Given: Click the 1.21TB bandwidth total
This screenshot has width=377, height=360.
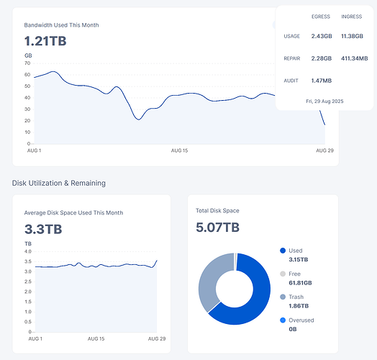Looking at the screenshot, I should [x=45, y=41].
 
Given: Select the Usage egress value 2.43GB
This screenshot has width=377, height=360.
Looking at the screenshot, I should [x=321, y=36].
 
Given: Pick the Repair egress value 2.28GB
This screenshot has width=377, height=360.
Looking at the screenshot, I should [x=321, y=58].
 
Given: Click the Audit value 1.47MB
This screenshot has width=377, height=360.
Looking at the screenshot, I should [x=321, y=81].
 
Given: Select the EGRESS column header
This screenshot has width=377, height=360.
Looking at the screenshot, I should [x=321, y=16].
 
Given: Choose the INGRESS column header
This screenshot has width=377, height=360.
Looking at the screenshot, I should [x=353, y=16].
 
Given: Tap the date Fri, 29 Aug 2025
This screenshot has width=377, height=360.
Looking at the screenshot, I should [x=324, y=101].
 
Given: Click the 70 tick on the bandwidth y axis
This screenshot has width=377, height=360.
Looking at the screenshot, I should [x=27, y=63].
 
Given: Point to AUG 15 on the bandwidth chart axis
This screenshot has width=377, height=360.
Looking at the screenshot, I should [x=179, y=150].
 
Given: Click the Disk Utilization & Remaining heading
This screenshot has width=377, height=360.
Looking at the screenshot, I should [x=59, y=183].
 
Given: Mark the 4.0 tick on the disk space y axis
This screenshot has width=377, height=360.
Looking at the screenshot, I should [x=27, y=251].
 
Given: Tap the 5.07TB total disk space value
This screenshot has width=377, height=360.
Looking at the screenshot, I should [x=217, y=228].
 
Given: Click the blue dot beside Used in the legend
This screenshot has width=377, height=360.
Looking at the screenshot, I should [x=283, y=251].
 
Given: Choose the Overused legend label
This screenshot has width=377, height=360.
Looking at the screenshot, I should [x=302, y=320].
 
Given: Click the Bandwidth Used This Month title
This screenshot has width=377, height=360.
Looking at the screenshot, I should [x=61, y=25].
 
